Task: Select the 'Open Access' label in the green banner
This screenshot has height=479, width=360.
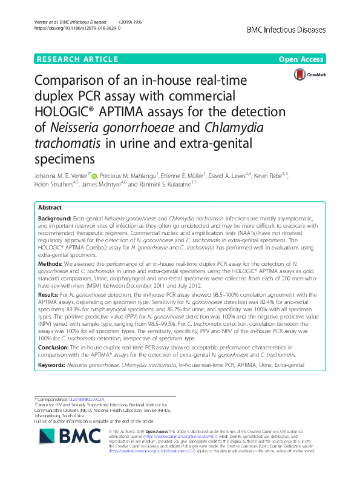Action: (x=302, y=59)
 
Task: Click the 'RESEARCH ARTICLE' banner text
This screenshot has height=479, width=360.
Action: (x=77, y=59)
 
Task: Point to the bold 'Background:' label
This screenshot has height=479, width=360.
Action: (x=54, y=217)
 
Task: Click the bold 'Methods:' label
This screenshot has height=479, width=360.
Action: (x=51, y=265)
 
